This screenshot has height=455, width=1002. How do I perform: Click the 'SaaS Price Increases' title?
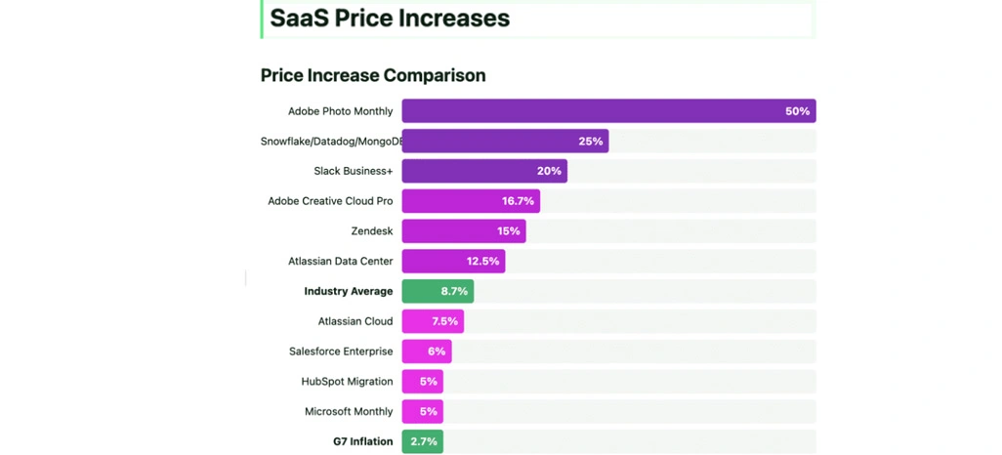pos(390,19)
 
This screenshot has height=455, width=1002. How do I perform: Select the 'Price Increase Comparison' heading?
pos(373,75)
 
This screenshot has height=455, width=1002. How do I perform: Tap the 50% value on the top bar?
pos(797,111)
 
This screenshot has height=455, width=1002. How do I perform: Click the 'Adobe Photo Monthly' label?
pos(340,111)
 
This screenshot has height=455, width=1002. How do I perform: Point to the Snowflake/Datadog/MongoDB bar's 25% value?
pos(590,142)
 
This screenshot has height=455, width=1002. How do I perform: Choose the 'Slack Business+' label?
pos(353,171)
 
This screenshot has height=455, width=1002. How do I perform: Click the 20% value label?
pos(549,171)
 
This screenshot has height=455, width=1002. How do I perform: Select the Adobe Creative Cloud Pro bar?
pos(471,201)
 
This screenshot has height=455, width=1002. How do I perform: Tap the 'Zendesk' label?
pos(372,231)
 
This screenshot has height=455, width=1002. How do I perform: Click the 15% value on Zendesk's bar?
pos(508,231)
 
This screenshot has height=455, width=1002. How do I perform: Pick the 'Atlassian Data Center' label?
pos(340,262)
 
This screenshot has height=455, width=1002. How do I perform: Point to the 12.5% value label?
pos(483,262)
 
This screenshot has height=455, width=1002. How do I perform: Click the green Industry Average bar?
pos(438,291)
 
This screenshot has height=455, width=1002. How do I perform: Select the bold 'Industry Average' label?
pos(348,291)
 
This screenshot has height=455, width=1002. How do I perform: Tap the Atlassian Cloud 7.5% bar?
pos(433,321)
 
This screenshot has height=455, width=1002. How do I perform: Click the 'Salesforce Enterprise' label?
pos(341,352)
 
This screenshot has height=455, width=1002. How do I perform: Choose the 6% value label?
pos(436,352)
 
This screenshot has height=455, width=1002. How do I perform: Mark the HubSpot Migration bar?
pos(422,382)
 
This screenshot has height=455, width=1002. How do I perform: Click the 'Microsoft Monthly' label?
pos(349,412)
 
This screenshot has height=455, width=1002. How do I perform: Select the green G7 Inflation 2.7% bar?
pos(422,442)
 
